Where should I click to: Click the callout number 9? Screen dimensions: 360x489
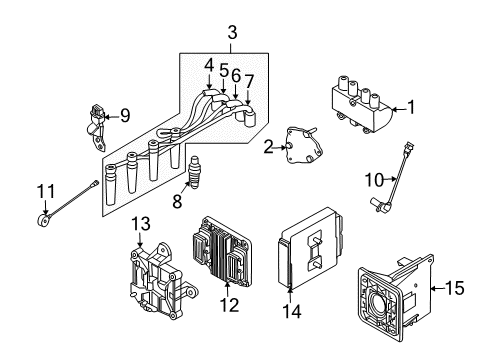coord(125,116)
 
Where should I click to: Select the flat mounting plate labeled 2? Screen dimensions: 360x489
coord(293,147)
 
